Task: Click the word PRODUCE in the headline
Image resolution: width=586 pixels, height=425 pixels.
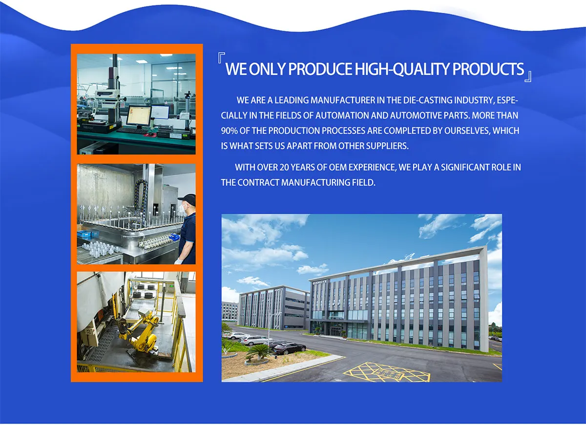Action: click(x=320, y=69)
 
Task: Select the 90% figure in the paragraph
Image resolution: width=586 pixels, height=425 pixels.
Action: click(x=229, y=131)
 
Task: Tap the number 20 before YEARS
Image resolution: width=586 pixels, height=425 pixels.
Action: click(x=284, y=167)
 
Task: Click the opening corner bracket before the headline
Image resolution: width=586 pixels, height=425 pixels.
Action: click(x=221, y=58)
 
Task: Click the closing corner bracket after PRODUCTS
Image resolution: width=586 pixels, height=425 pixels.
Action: click(x=528, y=76)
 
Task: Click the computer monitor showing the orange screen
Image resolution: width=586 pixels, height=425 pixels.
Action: click(x=139, y=116)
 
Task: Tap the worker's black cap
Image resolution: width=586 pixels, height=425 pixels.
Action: click(x=188, y=200)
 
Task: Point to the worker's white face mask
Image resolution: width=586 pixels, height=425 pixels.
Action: click(x=182, y=208)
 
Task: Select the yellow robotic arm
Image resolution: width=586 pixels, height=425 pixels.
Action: click(x=139, y=332)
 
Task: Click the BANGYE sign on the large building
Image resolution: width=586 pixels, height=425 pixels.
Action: click(x=320, y=282)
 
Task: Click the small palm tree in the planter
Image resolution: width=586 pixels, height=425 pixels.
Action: click(x=259, y=352)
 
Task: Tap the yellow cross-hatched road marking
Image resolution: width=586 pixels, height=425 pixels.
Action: click(x=387, y=372)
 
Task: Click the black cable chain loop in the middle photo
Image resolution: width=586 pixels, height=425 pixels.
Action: click(x=141, y=199)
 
